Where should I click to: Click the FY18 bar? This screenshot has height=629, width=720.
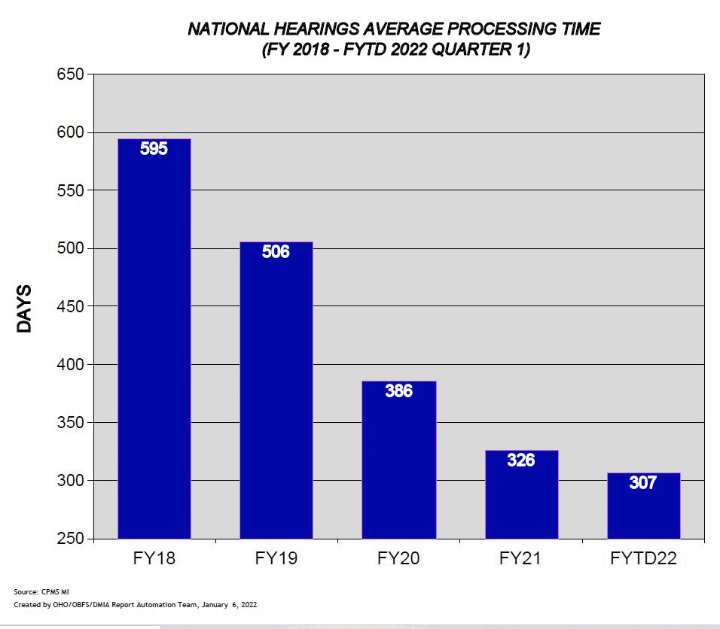(x=154, y=339)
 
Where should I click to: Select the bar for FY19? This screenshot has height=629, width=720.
(x=276, y=391)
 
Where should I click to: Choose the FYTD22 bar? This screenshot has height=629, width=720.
(x=643, y=506)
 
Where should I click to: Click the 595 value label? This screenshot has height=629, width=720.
(x=154, y=149)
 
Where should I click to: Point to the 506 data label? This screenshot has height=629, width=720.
(x=276, y=252)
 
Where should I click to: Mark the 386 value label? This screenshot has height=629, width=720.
(x=398, y=391)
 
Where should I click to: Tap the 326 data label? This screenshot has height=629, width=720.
(x=520, y=460)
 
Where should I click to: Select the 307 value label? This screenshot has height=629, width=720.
(x=643, y=483)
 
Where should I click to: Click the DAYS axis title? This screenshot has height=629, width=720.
(x=24, y=308)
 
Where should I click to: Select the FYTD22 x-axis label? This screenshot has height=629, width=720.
(x=643, y=558)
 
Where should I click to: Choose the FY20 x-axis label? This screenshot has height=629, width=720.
(x=398, y=558)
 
